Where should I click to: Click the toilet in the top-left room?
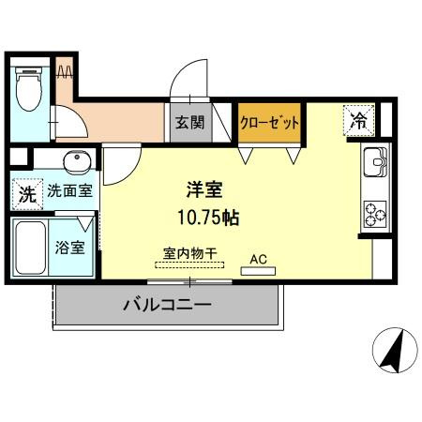point(27,90)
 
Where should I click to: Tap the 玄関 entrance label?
point(185,122)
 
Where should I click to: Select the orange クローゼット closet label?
point(270,123)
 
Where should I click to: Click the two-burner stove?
point(374,215)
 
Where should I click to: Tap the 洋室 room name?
point(203,189)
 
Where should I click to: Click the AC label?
point(258,257)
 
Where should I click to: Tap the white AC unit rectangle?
point(258,271)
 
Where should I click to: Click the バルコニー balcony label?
point(167,305)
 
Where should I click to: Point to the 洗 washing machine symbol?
point(27,194)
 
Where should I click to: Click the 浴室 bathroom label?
point(68,249)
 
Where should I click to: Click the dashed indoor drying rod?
point(192,264)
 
